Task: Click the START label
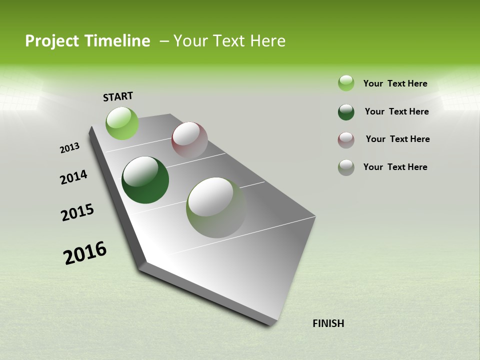[x=118, y=96]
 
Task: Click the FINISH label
[x=328, y=323]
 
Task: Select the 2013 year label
[x=69, y=148]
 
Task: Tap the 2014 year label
[x=73, y=177]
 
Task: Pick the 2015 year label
[x=77, y=212]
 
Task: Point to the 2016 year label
[x=85, y=253]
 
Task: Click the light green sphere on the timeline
[x=122, y=123]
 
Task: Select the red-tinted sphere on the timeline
[x=189, y=140]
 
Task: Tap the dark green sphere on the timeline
[x=145, y=180]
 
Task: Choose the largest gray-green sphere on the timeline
[x=216, y=207]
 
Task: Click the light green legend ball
[x=346, y=83]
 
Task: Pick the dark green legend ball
[x=346, y=112]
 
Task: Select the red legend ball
[x=346, y=140]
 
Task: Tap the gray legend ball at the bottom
[x=346, y=167]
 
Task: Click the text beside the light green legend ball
[x=395, y=83]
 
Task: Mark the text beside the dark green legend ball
[x=396, y=111]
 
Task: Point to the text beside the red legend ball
[x=397, y=139]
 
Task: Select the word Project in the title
[x=51, y=41]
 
